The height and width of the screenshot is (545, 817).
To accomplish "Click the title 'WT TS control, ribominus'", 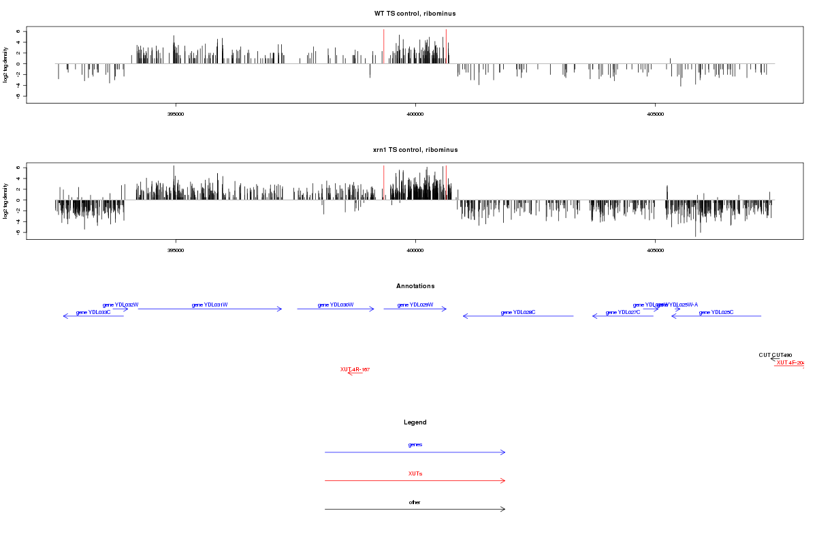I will (415, 14).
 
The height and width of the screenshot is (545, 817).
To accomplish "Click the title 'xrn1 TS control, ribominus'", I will (415, 150).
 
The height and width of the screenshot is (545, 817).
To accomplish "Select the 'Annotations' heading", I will (415, 286).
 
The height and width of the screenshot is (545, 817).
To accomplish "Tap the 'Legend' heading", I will (415, 422).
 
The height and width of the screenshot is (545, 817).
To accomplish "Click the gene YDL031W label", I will (210, 305).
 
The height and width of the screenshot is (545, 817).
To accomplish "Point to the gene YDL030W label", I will (336, 305).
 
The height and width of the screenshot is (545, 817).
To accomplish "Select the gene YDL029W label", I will (415, 305).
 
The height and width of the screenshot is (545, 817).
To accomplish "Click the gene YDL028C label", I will (518, 312).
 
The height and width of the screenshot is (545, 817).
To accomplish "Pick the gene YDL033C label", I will (93, 312).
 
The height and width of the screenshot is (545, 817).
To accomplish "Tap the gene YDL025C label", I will (716, 312).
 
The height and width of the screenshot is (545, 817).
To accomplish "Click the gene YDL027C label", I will (623, 312).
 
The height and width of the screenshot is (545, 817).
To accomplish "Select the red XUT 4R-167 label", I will (355, 369).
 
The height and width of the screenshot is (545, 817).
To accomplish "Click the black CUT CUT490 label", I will (775, 355).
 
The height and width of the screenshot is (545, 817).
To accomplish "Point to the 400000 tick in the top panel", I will (415, 114).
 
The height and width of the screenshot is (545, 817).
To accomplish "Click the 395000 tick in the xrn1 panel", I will (176, 251).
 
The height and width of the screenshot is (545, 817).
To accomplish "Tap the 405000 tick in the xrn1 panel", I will (654, 251).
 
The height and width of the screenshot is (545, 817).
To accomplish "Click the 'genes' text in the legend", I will (415, 444).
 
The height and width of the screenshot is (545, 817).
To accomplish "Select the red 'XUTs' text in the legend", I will (415, 473).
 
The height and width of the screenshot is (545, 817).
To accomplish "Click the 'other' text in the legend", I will (415, 502).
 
